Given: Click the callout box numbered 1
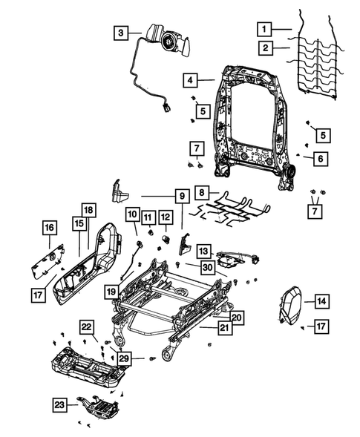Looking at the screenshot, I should click(x=263, y=29).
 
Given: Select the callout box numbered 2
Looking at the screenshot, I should click(x=263, y=48).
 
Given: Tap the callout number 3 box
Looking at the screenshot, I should click(x=120, y=32).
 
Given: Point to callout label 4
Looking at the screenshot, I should click(x=190, y=79).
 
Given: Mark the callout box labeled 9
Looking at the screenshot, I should click(x=179, y=197).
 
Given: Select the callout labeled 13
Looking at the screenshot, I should click(x=202, y=252).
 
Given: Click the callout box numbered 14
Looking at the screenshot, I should click(x=321, y=300).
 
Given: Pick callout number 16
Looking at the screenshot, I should click(x=49, y=227).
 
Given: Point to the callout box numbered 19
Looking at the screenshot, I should click(x=111, y=292).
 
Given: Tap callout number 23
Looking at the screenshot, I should click(x=60, y=404).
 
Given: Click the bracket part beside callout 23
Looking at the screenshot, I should click(x=99, y=407).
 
